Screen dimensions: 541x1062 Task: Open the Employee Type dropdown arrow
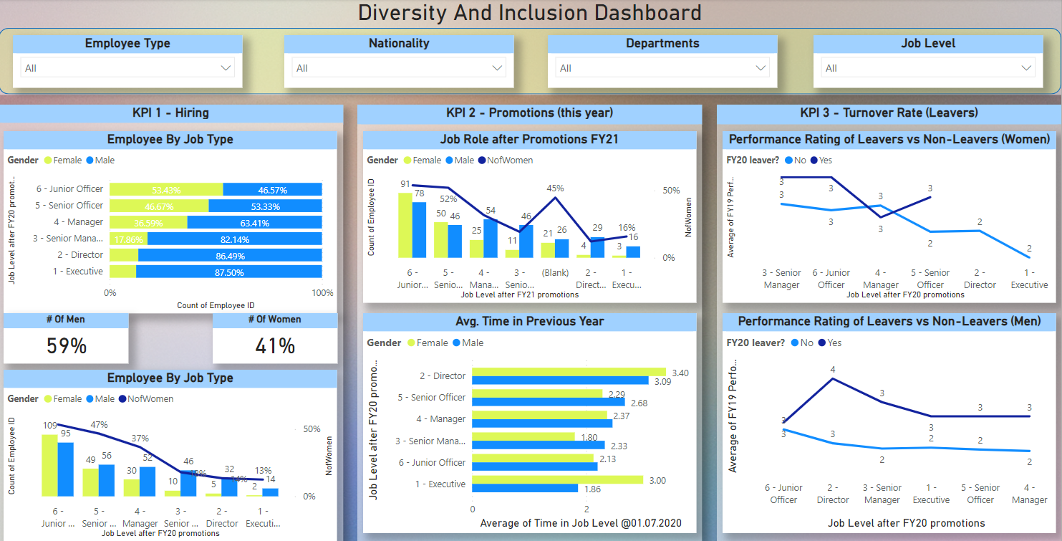click(226, 68)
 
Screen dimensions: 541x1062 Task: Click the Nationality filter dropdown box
click(398, 68)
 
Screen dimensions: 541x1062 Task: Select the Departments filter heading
click(662, 44)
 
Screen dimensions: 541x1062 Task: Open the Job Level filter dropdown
click(927, 68)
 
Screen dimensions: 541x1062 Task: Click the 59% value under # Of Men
click(67, 346)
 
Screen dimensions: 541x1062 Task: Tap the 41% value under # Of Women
click(275, 346)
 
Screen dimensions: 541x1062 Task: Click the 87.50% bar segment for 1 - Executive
click(229, 272)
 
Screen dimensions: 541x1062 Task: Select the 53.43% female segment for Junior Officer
click(166, 190)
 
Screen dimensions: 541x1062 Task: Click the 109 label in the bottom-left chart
click(49, 426)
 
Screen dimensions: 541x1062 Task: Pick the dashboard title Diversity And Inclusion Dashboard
click(530, 13)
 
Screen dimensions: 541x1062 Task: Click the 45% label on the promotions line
click(555, 188)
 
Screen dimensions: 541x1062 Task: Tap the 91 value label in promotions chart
click(405, 184)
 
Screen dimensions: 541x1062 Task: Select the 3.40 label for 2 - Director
click(681, 373)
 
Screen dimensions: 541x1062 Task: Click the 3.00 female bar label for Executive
click(657, 481)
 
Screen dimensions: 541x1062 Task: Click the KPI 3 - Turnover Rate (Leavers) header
click(889, 113)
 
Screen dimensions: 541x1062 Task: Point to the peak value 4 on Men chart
click(833, 370)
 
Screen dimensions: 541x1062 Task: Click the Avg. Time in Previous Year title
click(530, 322)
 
